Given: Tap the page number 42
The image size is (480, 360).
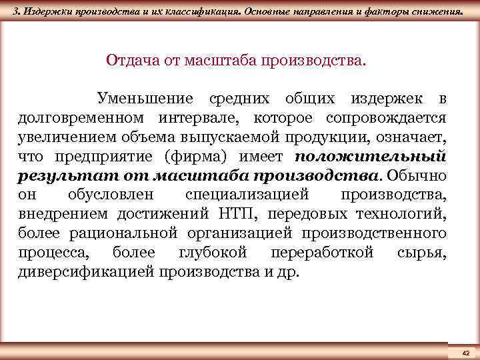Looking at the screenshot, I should pyautogui.click(x=466, y=351).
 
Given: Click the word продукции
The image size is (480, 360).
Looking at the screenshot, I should pyautogui.click(x=365, y=137).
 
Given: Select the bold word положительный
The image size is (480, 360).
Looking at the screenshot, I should pyautogui.click(x=369, y=157).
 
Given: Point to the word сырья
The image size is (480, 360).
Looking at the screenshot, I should pyautogui.click(x=425, y=253).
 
